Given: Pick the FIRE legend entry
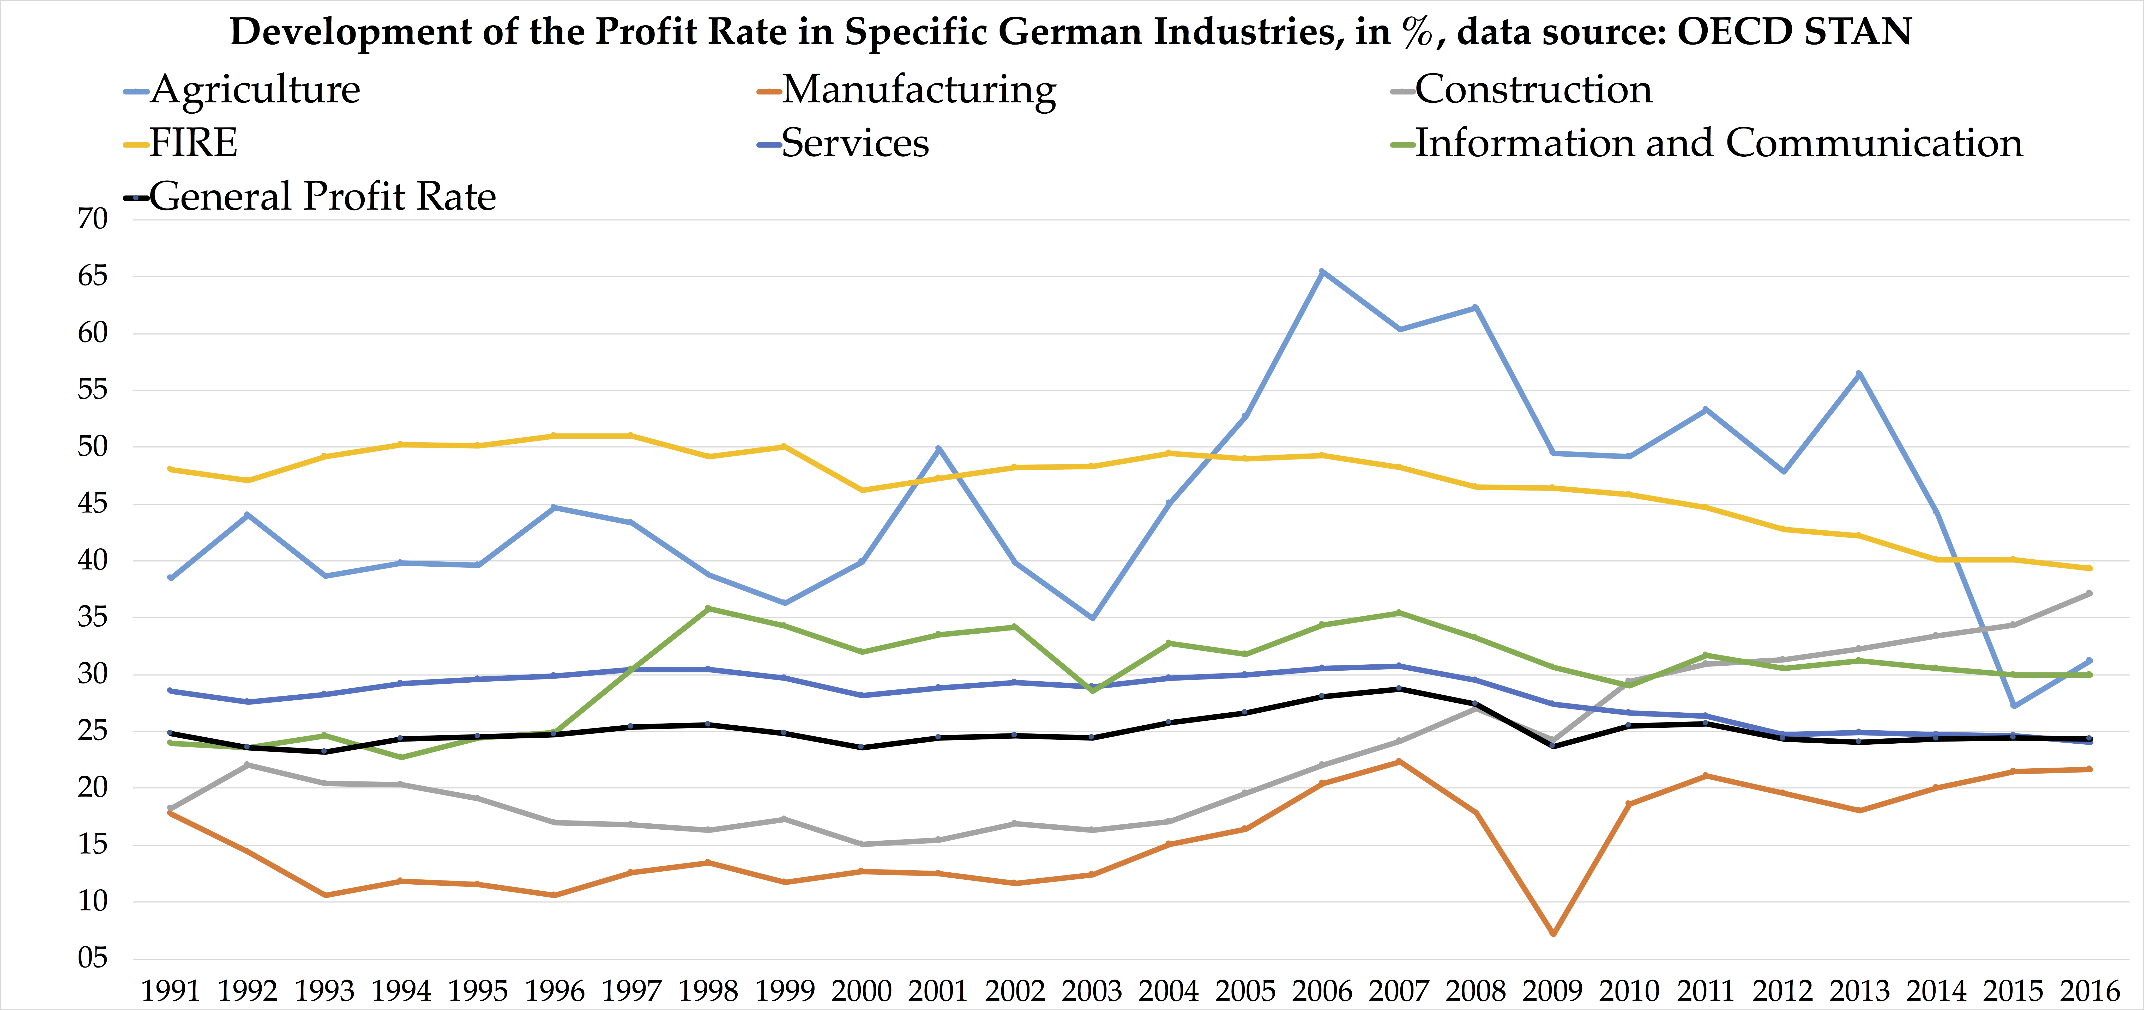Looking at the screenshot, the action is (x=180, y=143).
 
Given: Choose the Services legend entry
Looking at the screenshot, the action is (x=842, y=143).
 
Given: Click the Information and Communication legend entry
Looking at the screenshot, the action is (x=1706, y=143).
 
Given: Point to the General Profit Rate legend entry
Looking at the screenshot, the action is (x=310, y=197).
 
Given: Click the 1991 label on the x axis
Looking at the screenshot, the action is (x=171, y=991).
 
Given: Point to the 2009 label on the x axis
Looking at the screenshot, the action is (x=1552, y=991).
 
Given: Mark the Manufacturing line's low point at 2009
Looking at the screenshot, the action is (x=1553, y=933).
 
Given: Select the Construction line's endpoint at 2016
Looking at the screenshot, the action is (x=2090, y=593).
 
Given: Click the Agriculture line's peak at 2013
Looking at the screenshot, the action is (x=1859, y=374).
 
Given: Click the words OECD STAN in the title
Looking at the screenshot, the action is (x=1794, y=32).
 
